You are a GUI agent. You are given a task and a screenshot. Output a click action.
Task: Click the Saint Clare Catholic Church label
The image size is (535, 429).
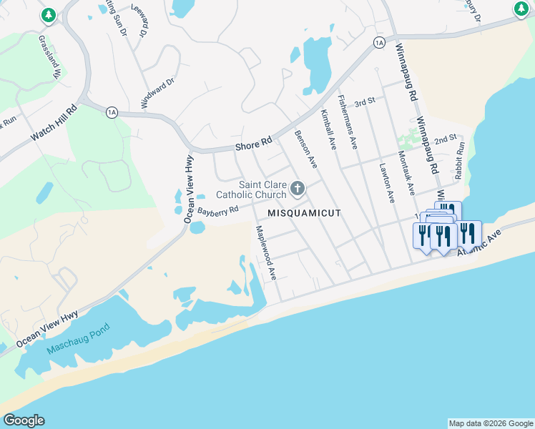pyautogui.click(x=252, y=189)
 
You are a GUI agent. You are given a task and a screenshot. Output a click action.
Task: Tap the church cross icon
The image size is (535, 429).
pyautogui.click(x=297, y=189)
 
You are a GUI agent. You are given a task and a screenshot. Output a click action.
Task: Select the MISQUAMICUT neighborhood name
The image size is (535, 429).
pyautogui.click(x=304, y=213)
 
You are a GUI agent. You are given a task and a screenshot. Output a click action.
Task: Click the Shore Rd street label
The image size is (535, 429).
pyautogui.click(x=254, y=144)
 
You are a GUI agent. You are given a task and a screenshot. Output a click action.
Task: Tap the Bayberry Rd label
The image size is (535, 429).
pyautogui.click(x=217, y=212)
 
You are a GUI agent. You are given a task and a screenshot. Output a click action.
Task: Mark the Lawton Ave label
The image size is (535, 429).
pyautogui.click(x=387, y=182)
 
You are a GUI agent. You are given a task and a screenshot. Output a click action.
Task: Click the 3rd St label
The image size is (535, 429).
pyautogui.click(x=365, y=102)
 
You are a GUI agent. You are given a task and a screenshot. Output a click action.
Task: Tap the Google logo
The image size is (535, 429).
pyautogui.click(x=24, y=420)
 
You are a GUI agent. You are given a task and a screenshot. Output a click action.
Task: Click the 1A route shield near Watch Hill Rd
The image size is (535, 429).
pyautogui.click(x=111, y=112)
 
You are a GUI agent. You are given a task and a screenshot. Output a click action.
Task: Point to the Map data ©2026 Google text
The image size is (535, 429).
pyautogui.click(x=491, y=423)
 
